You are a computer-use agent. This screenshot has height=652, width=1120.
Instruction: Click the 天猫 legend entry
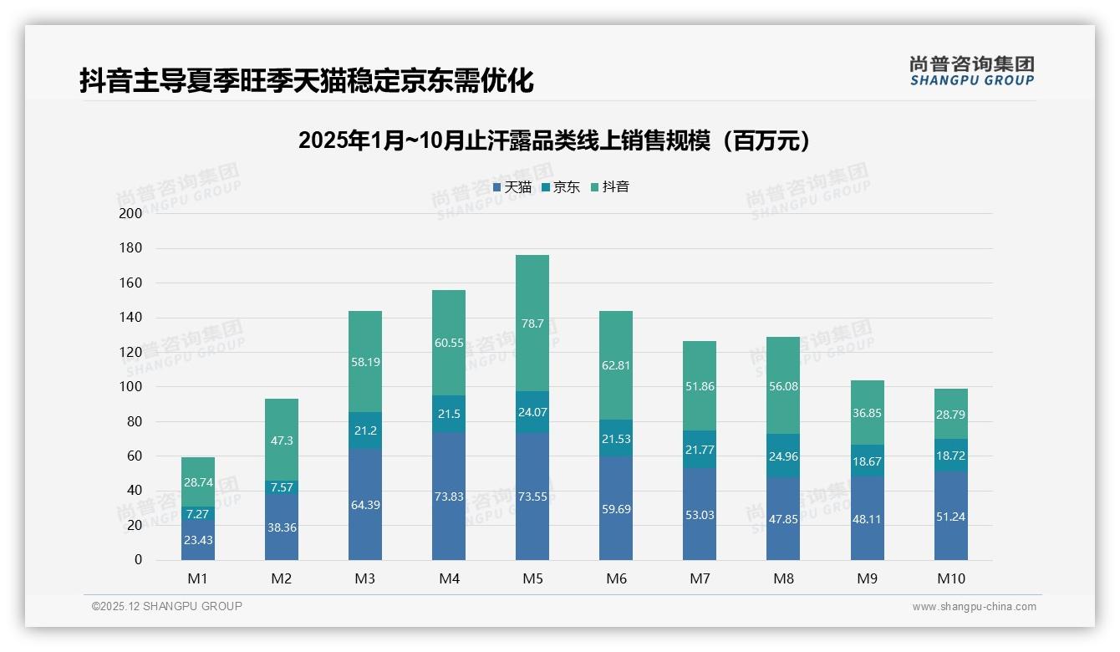[x=512, y=187]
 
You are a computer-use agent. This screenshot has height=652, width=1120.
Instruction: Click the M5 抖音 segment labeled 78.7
[x=532, y=323]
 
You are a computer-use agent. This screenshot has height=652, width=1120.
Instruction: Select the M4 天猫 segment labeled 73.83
[x=449, y=496]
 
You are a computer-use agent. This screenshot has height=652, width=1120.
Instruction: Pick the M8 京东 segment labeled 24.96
[x=783, y=456]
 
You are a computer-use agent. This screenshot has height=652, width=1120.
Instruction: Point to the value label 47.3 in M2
[x=282, y=441]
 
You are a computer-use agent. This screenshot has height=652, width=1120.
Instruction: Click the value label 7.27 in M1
[x=198, y=513]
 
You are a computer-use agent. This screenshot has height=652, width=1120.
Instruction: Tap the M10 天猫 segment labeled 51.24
[x=951, y=516]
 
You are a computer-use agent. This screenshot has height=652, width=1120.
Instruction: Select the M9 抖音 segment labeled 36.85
[x=868, y=413]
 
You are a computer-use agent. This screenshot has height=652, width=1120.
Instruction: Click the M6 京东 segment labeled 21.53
[x=616, y=438]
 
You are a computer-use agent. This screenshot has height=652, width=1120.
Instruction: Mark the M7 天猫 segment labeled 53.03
[x=700, y=514]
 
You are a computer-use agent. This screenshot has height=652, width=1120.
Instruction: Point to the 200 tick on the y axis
[x=131, y=213]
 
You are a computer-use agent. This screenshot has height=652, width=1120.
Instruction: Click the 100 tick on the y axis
[x=131, y=387]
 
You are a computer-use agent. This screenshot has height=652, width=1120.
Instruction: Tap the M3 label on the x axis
[x=365, y=578]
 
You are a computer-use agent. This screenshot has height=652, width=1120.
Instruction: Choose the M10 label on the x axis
[x=951, y=578]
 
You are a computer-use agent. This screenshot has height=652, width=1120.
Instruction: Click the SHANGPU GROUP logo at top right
[x=971, y=71]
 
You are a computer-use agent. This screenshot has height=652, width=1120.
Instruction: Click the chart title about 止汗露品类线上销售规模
[x=554, y=140]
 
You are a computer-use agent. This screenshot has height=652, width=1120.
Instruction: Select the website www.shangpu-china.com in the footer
[x=974, y=607]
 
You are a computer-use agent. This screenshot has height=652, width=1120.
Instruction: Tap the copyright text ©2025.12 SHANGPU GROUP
[x=167, y=606]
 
